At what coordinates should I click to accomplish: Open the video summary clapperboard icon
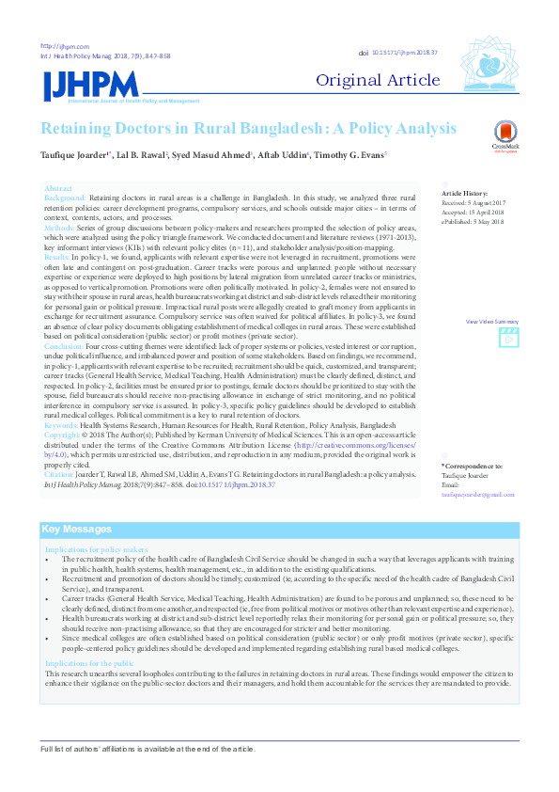pyautogui.click(x=508, y=334)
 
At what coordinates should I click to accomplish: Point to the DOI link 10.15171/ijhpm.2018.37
pyautogui.click(x=405, y=55)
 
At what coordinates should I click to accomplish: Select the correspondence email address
pyautogui.click(x=478, y=494)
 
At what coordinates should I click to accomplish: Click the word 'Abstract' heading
pyautogui.click(x=58, y=188)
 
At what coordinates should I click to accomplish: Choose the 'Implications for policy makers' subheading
pyautogui.click(x=96, y=549)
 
